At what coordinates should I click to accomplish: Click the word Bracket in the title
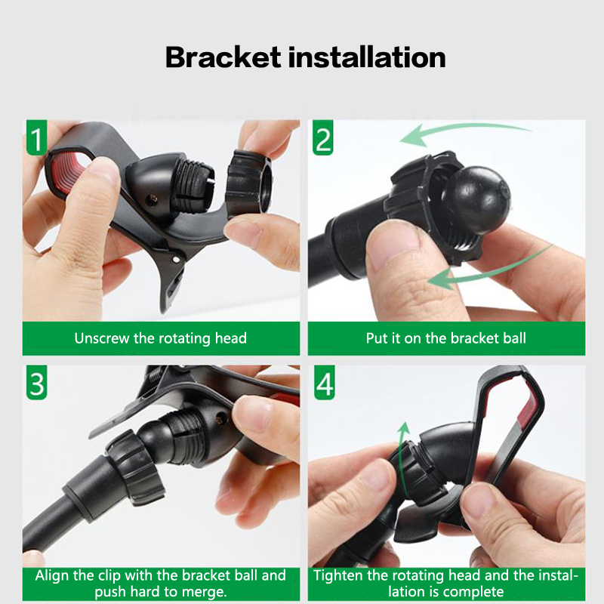coord(223,57)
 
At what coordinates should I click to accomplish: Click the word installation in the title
coord(367,57)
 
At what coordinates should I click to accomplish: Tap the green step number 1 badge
coord(36,137)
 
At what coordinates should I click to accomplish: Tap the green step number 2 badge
coord(323,137)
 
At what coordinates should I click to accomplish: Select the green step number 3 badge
coord(36,383)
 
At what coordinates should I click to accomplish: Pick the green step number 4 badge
coord(324,383)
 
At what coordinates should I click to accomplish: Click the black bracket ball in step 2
coord(476,200)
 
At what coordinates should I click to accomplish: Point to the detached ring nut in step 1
coord(248,182)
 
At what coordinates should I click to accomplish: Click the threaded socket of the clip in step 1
coord(192,183)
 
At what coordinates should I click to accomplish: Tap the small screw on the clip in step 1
coord(154,199)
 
